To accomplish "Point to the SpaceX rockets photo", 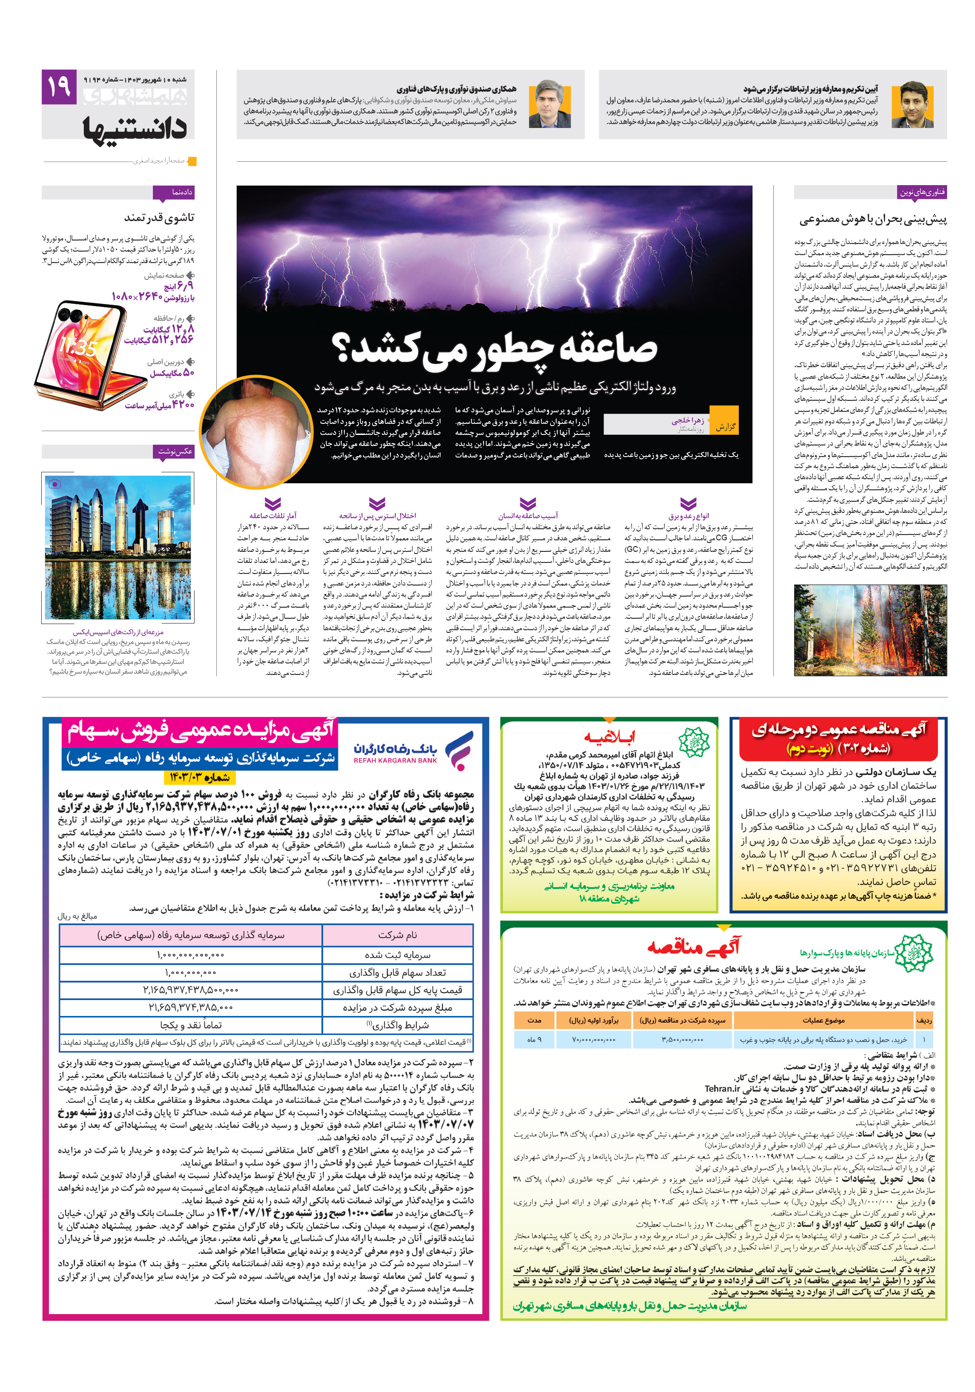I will tap(118, 547).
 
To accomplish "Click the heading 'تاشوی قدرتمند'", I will tap(159, 217).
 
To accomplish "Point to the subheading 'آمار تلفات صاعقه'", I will tap(273, 516).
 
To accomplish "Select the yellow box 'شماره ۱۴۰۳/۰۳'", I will tap(199, 777).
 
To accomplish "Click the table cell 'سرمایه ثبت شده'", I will tap(398, 954).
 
